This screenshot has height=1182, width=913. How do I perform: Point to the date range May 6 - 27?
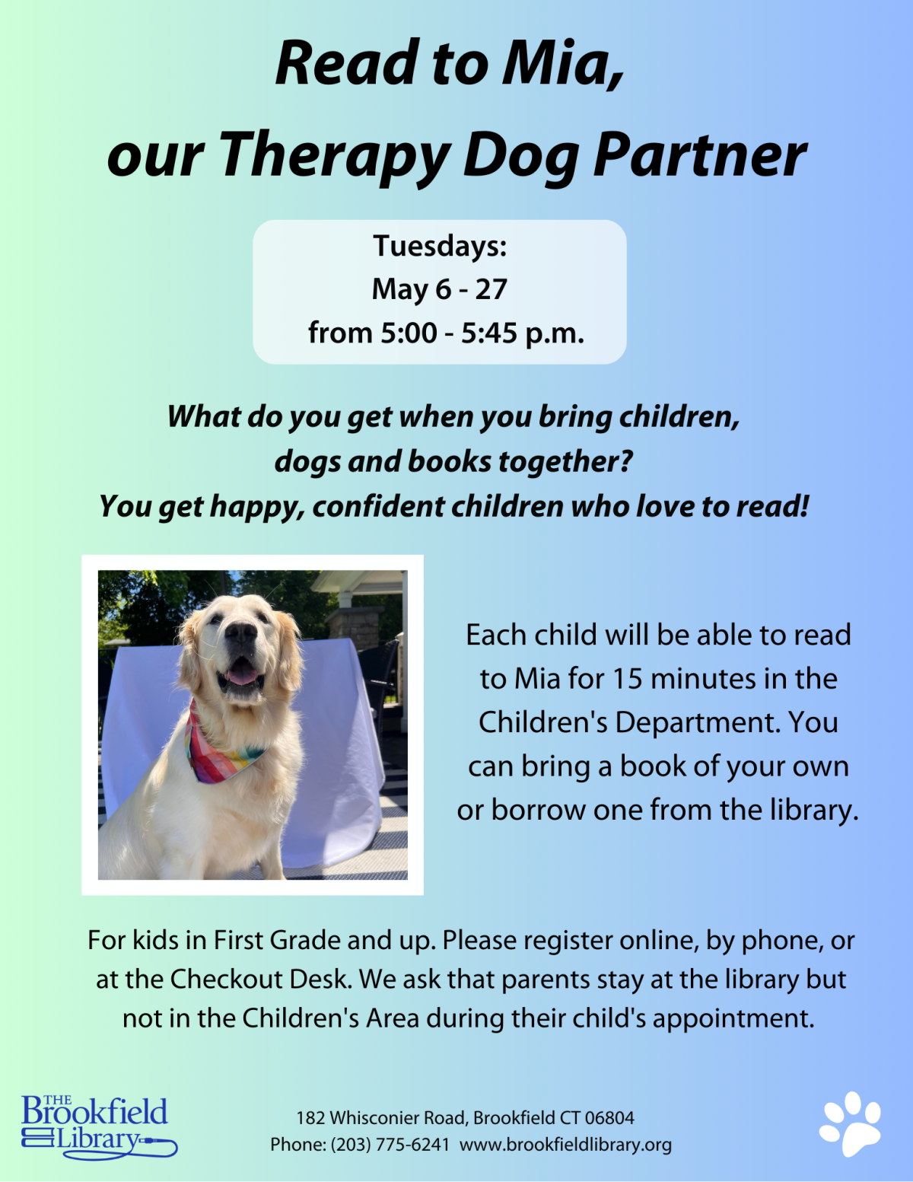439,288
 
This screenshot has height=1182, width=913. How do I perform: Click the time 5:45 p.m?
523,333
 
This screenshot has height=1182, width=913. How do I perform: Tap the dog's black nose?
240,632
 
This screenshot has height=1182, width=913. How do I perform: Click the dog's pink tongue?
242,675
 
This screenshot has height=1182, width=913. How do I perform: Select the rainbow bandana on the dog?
219,746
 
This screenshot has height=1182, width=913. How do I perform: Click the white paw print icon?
850,1124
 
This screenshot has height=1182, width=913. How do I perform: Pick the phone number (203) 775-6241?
390,1145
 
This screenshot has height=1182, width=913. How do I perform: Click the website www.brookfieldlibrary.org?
565,1145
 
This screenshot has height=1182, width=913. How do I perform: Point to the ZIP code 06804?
609,1118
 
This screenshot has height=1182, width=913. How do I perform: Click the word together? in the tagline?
565,462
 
